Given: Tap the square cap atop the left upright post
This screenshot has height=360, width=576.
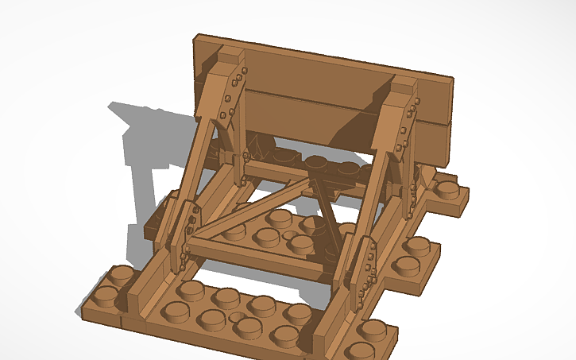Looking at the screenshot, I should click(x=229, y=55).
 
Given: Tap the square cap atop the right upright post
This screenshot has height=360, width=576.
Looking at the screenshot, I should click(x=404, y=82).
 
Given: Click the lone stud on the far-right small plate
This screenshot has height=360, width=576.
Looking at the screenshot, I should click(x=449, y=189).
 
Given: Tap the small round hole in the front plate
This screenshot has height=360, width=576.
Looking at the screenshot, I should click(x=236, y=319).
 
